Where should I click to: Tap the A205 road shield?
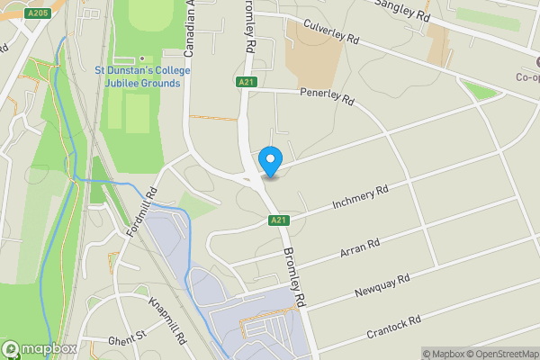tap(38, 13)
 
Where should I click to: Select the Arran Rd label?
tap(360, 247)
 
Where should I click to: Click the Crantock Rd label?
tap(394, 327)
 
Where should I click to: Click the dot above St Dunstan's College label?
tap(141, 58)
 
